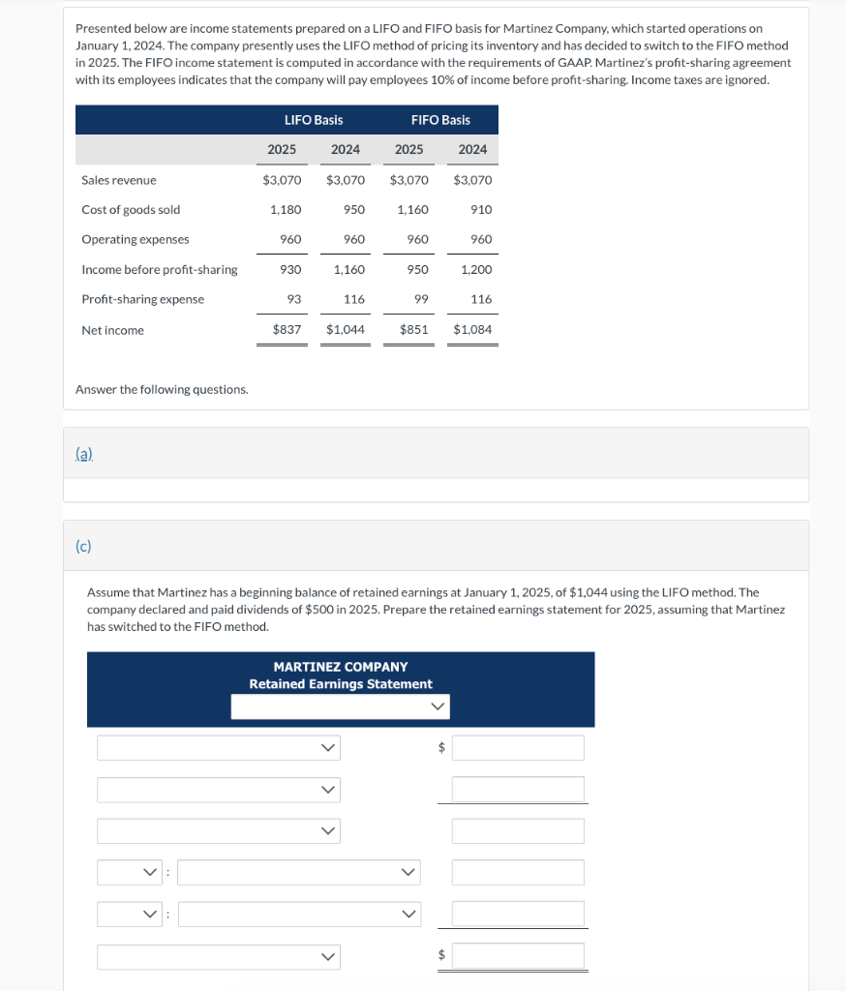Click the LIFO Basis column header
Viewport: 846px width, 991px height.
pyautogui.click(x=313, y=120)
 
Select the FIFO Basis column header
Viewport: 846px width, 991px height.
pyautogui.click(x=440, y=120)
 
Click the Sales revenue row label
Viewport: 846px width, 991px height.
pyautogui.click(x=119, y=180)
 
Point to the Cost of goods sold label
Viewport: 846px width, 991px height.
pyautogui.click(x=131, y=210)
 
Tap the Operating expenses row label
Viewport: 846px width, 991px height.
pyautogui.click(x=136, y=240)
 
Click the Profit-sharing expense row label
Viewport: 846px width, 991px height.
pyautogui.click(x=142, y=300)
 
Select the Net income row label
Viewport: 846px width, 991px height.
pyautogui.click(x=112, y=331)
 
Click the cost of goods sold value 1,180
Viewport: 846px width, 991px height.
pyautogui.click(x=285, y=210)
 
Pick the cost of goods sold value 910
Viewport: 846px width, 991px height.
pyautogui.click(x=480, y=210)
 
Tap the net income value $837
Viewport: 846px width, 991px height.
pyautogui.click(x=286, y=330)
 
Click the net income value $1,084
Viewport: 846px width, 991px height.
pyautogui.click(x=472, y=330)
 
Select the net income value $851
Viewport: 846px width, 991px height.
pyautogui.click(x=413, y=330)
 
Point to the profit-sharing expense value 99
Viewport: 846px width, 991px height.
pyautogui.click(x=421, y=300)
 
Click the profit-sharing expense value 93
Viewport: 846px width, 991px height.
pyautogui.click(x=294, y=300)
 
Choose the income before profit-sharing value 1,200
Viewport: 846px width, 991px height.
pyautogui.click(x=475, y=270)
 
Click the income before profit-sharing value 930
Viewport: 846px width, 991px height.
pyautogui.click(x=289, y=270)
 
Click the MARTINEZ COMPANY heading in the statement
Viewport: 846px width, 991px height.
pyautogui.click(x=341, y=667)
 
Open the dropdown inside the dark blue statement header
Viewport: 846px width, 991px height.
pyautogui.click(x=341, y=707)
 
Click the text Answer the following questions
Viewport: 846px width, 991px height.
pyautogui.click(x=162, y=389)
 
